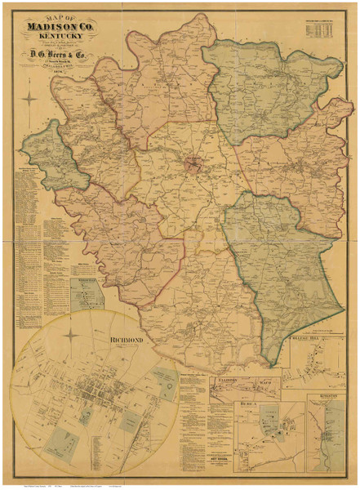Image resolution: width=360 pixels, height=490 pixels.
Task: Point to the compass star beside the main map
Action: point(31,100)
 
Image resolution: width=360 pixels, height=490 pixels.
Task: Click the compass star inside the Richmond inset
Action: point(71,335)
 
